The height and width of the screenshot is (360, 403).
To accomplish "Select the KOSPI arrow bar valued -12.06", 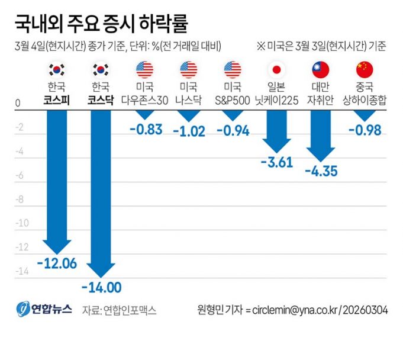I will pos(57,178).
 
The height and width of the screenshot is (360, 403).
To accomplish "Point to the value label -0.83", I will pos(145,130).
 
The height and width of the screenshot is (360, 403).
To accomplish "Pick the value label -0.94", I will pos(233,131).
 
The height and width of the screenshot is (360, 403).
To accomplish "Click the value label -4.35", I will pos(321,172).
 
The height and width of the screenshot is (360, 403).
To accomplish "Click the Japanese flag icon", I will pos(276,70).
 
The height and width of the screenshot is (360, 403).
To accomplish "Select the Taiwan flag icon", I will pos(321,70).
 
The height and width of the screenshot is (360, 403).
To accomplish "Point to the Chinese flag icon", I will pos(365,70).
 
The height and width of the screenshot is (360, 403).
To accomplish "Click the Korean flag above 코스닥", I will pos(101,70).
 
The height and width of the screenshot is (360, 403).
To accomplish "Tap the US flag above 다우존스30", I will pos(145,70).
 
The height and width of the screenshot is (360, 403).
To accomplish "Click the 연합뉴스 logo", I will pos(44,308).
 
